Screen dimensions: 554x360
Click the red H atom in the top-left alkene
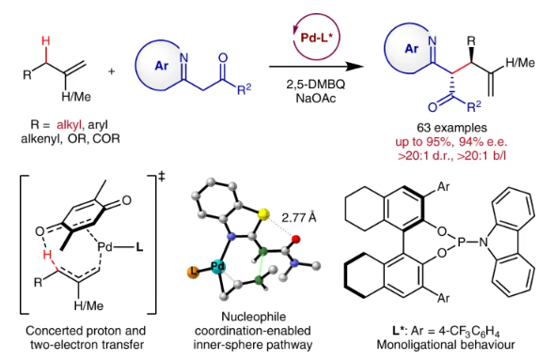pos(45,41)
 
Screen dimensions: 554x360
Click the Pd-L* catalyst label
pos(317,38)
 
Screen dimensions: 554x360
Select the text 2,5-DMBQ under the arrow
pos(315,85)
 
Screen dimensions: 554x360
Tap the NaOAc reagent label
pos(315,98)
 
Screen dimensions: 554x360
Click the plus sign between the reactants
pos(112,71)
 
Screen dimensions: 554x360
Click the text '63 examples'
pos(451,128)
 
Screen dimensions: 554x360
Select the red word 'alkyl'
pos(69,125)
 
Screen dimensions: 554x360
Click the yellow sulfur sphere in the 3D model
pos(263,214)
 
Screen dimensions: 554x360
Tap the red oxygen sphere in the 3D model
pos(296,240)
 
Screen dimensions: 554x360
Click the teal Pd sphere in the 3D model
pos(218,267)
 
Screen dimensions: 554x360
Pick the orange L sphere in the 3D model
pos(193,273)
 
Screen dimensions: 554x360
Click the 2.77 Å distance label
pos(299,218)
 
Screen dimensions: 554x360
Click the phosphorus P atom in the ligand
pos(462,242)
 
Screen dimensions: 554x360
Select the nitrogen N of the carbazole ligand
pos(483,243)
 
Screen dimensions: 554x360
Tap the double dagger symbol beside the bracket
pos(162,177)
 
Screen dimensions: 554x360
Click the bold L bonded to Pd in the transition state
pos(139,247)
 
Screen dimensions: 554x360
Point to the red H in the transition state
pos(47,255)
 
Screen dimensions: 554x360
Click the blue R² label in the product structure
pos(474,106)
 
